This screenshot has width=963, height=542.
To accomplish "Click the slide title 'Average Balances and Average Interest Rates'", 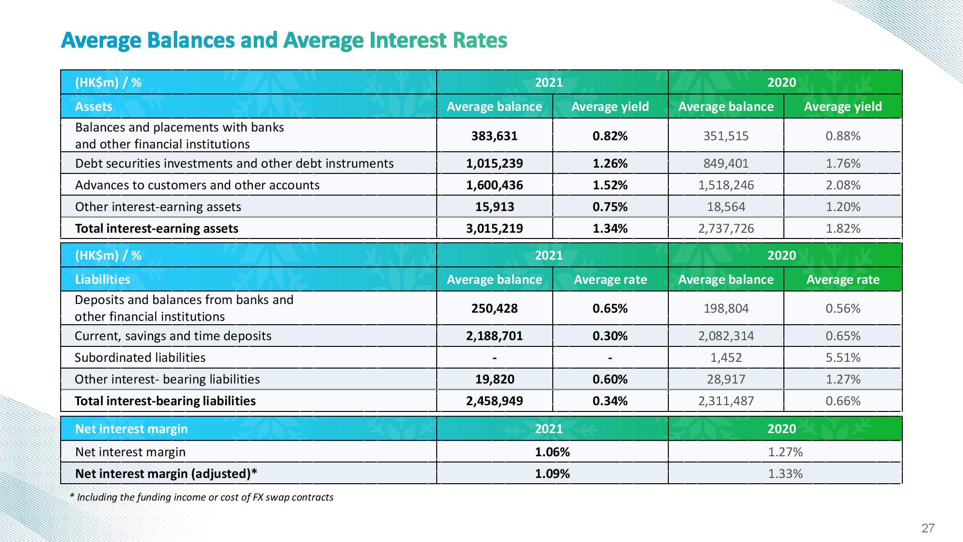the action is coord(284,40).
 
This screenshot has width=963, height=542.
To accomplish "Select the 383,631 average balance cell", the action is coord(495,136).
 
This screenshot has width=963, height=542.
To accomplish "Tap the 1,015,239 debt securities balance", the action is coord(495,163).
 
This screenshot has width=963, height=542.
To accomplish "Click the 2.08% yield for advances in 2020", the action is coord(843,185).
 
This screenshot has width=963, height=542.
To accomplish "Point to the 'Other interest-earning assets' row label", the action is coord(158,207).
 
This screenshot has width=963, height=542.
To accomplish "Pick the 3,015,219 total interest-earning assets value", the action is coord(495,228).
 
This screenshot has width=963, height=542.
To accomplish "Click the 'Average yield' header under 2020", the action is coord(843,106).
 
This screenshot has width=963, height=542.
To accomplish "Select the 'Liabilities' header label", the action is coord(103,279).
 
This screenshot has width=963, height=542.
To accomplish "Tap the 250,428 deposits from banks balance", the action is coord(495,308).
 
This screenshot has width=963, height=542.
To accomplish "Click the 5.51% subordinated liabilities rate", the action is coord(843,357).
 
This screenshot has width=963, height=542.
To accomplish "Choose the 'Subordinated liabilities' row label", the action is coord(140,357).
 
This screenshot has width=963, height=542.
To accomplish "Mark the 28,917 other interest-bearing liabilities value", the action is coord(726,379).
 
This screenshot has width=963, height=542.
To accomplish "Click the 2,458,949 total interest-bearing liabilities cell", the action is coord(495,401).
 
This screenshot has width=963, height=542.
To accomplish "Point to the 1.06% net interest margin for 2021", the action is coord(552,452).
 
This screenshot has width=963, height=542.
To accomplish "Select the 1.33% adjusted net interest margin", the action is coord(785,474).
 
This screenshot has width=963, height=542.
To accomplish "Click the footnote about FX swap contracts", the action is coord(201,497).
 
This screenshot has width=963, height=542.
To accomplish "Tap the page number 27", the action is coord(928,529).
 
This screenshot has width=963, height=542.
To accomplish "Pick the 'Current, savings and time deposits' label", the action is coord(173,336).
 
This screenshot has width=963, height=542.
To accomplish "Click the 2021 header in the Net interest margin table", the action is coord(549,429).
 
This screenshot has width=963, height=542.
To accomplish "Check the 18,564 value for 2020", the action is coord(726,207).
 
